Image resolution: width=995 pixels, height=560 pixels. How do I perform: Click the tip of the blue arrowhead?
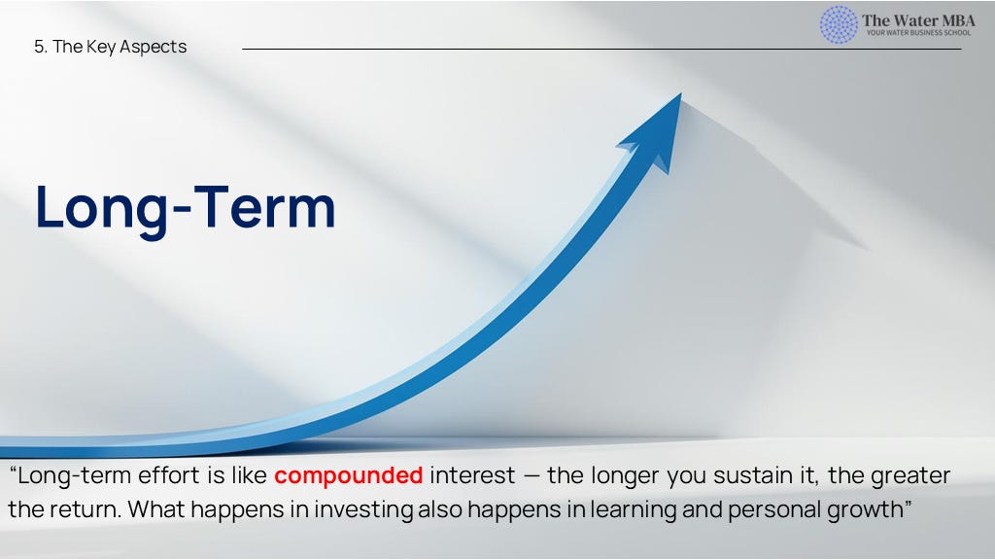click(x=681, y=94)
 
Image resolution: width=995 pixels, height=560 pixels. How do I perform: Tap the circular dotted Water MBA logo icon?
click(x=839, y=24)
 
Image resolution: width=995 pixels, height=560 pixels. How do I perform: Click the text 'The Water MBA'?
click(x=918, y=20)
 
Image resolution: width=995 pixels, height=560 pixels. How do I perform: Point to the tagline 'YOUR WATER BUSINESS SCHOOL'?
click(x=919, y=33)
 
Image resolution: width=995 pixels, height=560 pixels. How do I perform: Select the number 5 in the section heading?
click(x=39, y=47)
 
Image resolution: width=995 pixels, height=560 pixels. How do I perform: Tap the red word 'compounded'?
click(x=349, y=475)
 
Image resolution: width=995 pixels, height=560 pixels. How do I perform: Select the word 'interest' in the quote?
click(x=473, y=475)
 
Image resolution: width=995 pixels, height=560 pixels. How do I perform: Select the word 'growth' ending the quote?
click(x=865, y=509)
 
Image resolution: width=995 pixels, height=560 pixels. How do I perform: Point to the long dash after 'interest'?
click(x=532, y=476)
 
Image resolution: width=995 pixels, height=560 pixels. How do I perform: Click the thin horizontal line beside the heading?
click(x=601, y=49)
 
